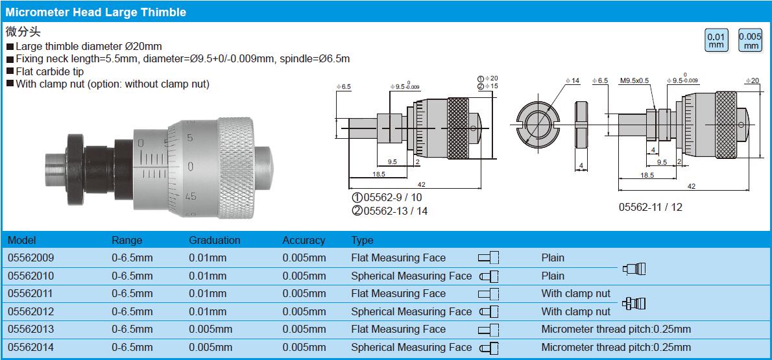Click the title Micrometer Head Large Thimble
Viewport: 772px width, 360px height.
pyautogui.click(x=95, y=12)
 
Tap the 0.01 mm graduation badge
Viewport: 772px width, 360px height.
pyautogui.click(x=716, y=40)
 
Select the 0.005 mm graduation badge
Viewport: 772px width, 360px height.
pyautogui.click(x=751, y=40)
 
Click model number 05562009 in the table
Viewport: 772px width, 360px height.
pyautogui.click(x=31, y=258)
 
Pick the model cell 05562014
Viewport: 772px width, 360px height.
pyautogui.click(x=31, y=347)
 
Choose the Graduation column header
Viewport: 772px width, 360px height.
pyautogui.click(x=215, y=241)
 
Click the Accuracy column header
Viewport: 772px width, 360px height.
pyautogui.click(x=304, y=241)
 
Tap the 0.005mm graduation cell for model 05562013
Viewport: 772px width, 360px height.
pyautogui.click(x=211, y=330)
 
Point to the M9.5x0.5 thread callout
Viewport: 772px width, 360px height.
pyautogui.click(x=634, y=80)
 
